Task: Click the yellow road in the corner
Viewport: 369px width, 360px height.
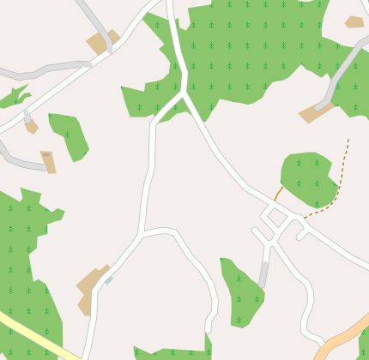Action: click(x=34, y=336)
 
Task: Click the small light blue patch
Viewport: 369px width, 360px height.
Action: click(x=109, y=280)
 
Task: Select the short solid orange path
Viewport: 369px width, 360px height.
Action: click(x=279, y=193)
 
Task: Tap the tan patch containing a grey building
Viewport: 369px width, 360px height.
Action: click(x=47, y=160)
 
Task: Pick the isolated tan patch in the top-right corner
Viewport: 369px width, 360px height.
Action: click(x=354, y=21)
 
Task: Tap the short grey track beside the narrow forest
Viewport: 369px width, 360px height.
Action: click(x=264, y=273)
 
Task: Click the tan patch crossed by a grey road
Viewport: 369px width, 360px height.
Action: click(x=101, y=42)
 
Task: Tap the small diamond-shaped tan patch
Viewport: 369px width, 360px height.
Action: click(x=31, y=126)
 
